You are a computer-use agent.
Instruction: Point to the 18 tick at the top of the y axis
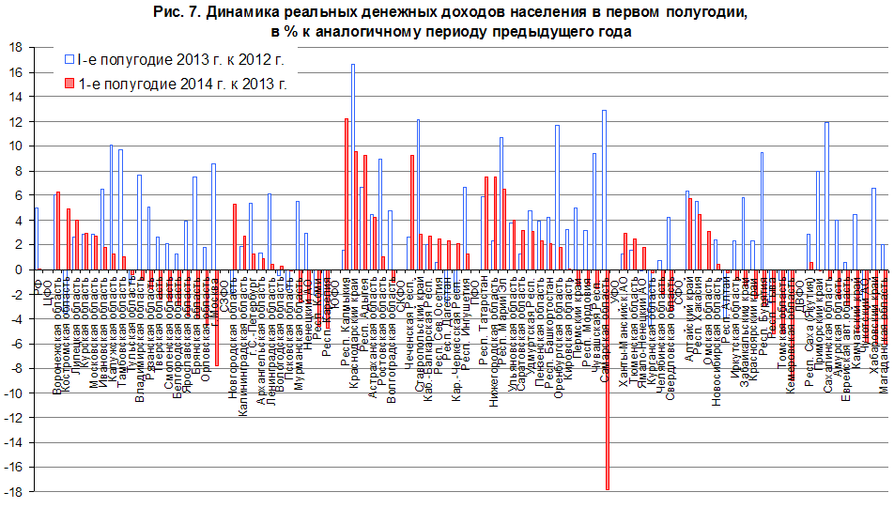(x=17, y=47)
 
